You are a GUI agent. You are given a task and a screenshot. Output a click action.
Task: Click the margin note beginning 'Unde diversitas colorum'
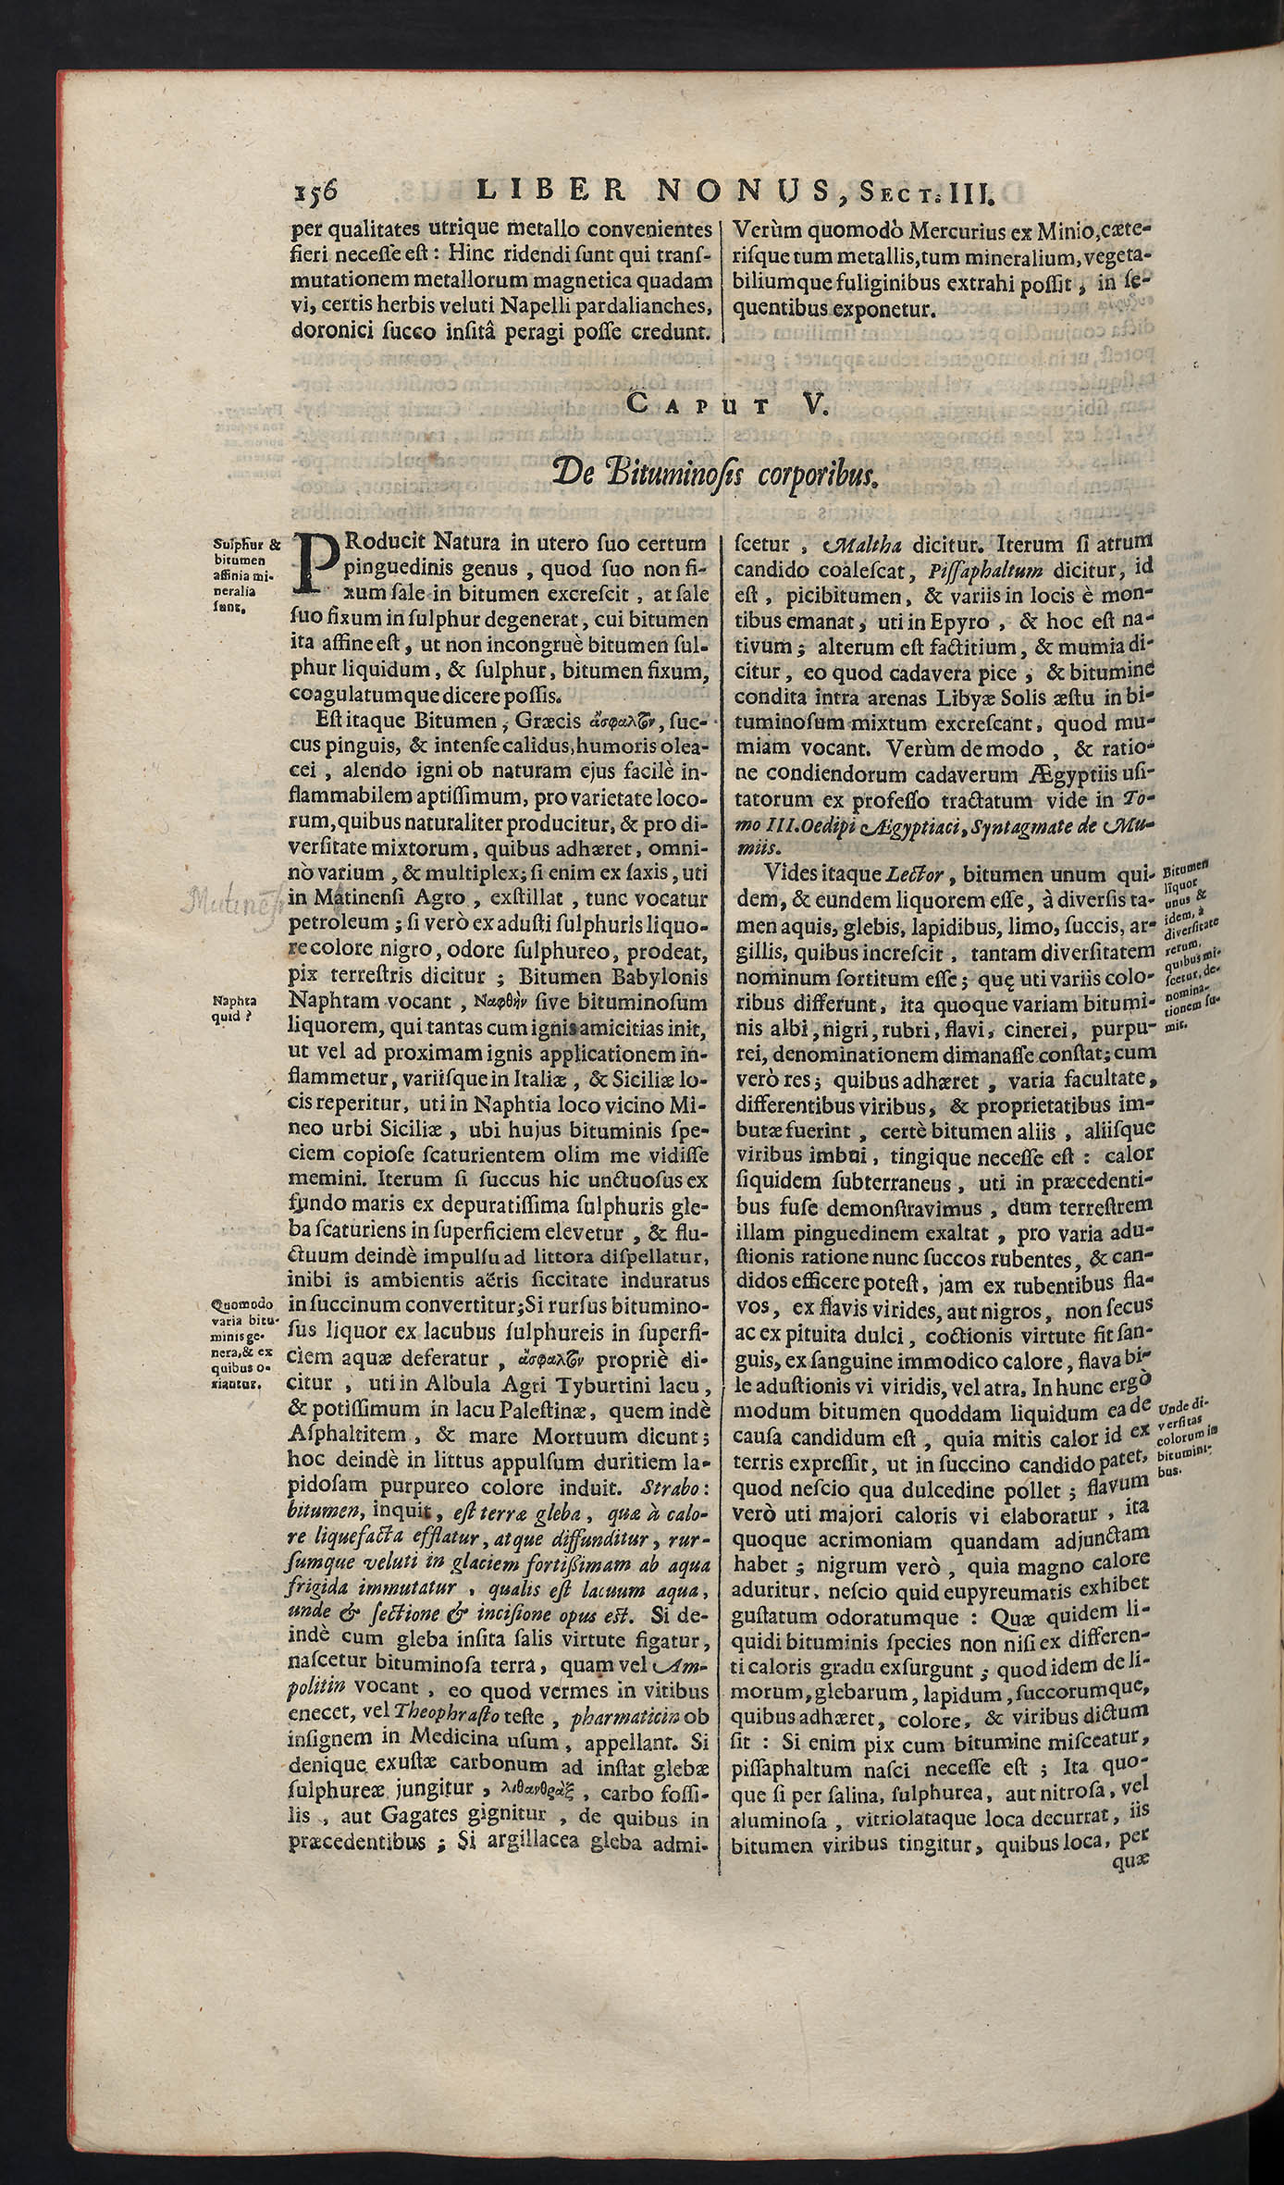(x=1187, y=1438)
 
